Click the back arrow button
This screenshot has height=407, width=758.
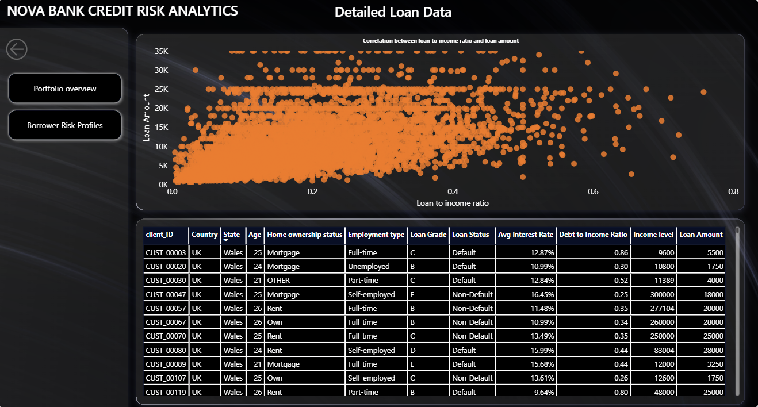coord(17,49)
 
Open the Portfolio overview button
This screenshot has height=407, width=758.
coord(64,89)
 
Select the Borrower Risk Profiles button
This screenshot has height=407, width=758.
coord(64,125)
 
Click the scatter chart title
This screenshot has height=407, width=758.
coord(441,41)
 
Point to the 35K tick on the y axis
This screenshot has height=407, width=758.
coord(161,51)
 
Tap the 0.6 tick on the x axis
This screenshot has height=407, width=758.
coord(593,191)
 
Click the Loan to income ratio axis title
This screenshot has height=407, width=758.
coord(453,203)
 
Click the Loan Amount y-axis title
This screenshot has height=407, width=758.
coord(146,117)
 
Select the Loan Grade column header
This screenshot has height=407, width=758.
coord(428,235)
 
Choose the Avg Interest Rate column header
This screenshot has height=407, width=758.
coord(526,235)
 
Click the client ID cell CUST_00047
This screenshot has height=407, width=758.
coord(166,294)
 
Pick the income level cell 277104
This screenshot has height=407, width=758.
coord(662,308)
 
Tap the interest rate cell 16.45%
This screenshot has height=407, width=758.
coord(542,294)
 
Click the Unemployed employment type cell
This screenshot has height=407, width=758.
coord(369,266)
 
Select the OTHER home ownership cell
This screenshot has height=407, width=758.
coord(278,280)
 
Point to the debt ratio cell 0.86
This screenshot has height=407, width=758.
coord(621,252)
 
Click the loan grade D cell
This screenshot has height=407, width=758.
coord(413,350)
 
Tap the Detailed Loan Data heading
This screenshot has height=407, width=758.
coord(393,12)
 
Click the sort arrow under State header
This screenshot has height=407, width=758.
coord(225,240)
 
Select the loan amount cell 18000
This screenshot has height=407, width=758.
coord(713,294)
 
